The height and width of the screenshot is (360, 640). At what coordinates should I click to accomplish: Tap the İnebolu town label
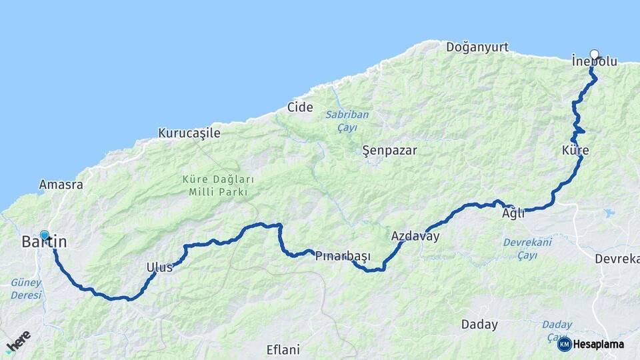[594, 61]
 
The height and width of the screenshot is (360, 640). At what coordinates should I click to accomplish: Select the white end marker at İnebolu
[595, 55]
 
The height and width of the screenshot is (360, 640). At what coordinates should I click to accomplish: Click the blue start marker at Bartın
[44, 235]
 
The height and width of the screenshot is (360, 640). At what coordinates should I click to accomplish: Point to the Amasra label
[61, 184]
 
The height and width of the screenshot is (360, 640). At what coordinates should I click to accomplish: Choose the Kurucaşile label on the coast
[189, 133]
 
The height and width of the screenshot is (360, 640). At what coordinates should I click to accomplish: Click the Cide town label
[300, 107]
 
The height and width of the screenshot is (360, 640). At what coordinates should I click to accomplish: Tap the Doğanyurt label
[477, 47]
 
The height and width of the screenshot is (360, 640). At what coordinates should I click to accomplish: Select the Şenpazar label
[389, 150]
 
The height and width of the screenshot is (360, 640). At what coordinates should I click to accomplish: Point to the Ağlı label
[513, 213]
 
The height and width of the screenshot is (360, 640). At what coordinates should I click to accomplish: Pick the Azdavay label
[415, 236]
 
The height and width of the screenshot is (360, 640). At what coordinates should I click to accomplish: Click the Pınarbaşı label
[343, 256]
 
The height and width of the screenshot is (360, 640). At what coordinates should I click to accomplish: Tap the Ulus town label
[159, 267]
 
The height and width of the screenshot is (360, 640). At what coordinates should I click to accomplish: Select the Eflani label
[283, 349]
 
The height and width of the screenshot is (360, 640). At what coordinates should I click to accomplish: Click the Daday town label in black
[479, 325]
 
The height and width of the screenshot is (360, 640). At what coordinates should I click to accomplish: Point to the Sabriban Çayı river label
[347, 121]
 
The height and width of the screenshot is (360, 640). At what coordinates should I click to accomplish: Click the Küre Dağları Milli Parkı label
[219, 186]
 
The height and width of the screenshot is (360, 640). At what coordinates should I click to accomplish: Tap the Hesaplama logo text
[598, 344]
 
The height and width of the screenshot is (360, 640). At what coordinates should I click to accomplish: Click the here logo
[18, 341]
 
